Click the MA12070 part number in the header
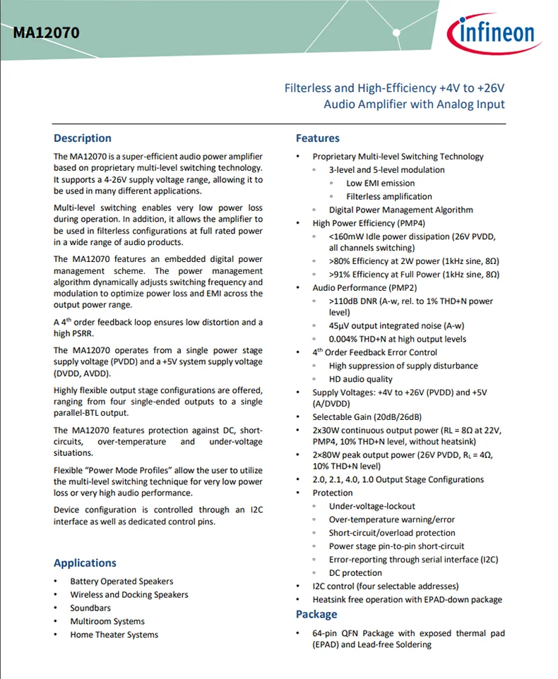tap(46, 32)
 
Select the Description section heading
tap(83, 138)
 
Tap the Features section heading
tap(318, 138)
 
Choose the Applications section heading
tap(85, 563)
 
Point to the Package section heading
tap(316, 614)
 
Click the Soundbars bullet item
tap(90, 608)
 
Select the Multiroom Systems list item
tap(107, 621)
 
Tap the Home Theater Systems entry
tap(114, 635)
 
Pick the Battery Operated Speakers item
tap(121, 581)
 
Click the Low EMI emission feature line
tap(381, 184)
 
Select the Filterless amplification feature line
tap(389, 197)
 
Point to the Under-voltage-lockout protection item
tap(372, 506)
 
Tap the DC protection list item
tap(355, 573)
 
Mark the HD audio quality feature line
tap(361, 379)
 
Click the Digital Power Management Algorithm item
tap(401, 210)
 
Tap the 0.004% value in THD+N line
tap(345, 339)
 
